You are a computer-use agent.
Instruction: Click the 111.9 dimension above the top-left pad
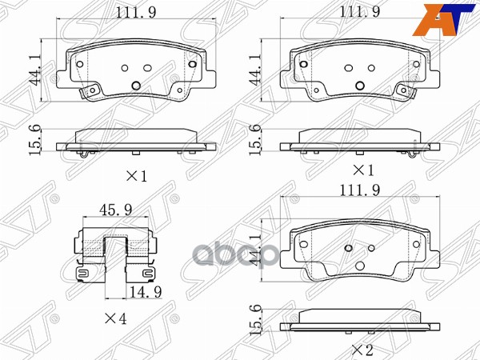point(136,13)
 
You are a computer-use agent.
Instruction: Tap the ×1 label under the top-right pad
point(364,170)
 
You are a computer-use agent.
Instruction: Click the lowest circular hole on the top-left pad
point(136,85)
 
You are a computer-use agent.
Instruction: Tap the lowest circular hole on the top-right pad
point(359,85)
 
